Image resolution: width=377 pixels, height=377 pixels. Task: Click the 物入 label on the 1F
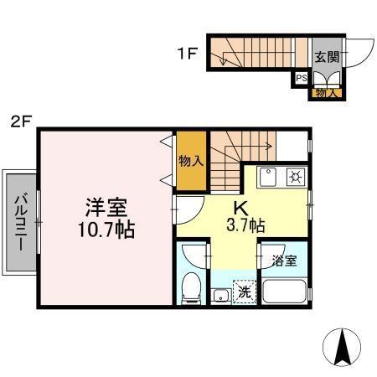click(325, 92)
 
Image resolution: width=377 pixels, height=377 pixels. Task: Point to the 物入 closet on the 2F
click(190, 159)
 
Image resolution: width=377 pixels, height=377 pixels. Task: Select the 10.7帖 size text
click(104, 228)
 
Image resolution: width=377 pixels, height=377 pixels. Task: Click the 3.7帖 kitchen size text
click(243, 225)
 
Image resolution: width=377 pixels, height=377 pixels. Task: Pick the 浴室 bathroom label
click(284, 261)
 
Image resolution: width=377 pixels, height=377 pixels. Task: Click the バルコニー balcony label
click(21, 221)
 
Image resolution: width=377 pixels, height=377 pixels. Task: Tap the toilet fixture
click(190, 286)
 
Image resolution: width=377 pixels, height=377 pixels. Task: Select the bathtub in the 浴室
click(283, 292)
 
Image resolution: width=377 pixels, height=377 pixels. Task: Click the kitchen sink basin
click(269, 178)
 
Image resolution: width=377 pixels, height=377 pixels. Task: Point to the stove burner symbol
click(295, 177)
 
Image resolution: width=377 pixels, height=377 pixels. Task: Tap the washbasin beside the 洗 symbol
click(220, 294)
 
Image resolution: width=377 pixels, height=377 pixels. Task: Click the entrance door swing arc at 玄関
click(359, 56)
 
